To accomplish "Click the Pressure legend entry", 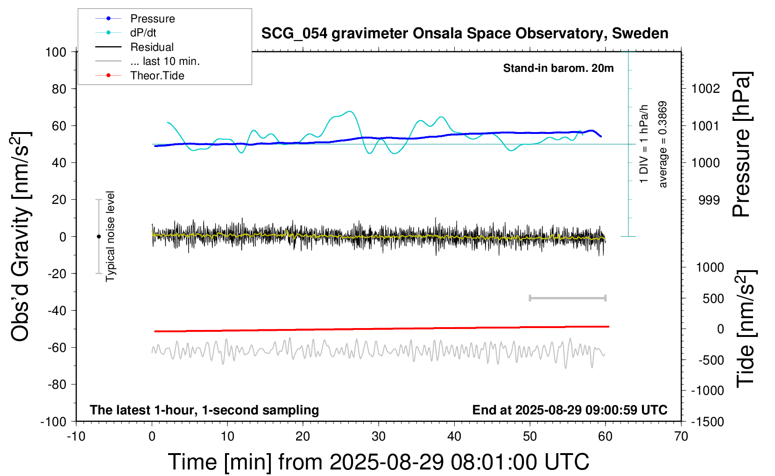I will [x=152, y=19].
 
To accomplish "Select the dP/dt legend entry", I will [x=143, y=33].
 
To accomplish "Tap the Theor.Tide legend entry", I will [x=157, y=76].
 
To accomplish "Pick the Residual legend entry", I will [x=152, y=47].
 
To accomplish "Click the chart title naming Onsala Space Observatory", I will [x=465, y=34].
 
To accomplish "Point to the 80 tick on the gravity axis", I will [x=59, y=89].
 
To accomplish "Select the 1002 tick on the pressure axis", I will [x=705, y=89].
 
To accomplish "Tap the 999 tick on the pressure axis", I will [x=709, y=200].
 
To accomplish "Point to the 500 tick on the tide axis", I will [x=713, y=299].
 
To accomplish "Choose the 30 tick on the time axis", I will [x=379, y=436].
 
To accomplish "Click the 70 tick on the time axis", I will [x=681, y=436].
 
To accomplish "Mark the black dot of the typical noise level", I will [x=99, y=237].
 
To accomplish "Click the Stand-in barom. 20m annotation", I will [x=558, y=68].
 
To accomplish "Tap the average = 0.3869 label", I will [x=663, y=145].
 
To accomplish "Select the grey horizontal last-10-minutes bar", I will [x=567, y=298].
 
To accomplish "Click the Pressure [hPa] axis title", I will [x=741, y=145].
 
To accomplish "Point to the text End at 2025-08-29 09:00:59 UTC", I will [x=570, y=410].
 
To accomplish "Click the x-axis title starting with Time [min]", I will [x=379, y=462].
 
